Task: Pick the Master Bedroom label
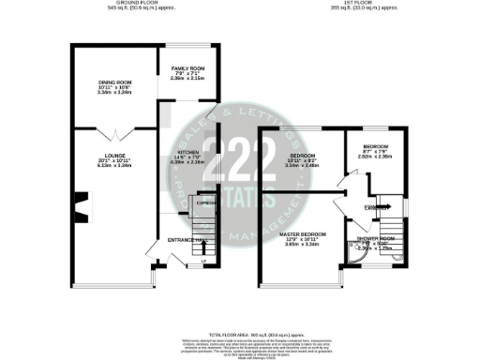(x=303, y=233)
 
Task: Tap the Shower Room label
(x=374, y=237)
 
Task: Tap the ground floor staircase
(x=201, y=225)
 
